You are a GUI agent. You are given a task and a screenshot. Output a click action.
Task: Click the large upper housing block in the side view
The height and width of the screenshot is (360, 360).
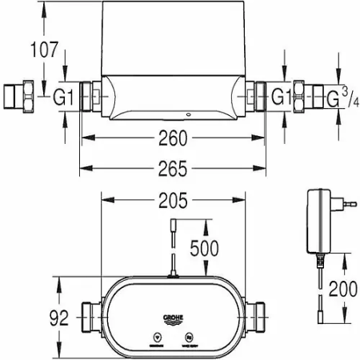(170, 40)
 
